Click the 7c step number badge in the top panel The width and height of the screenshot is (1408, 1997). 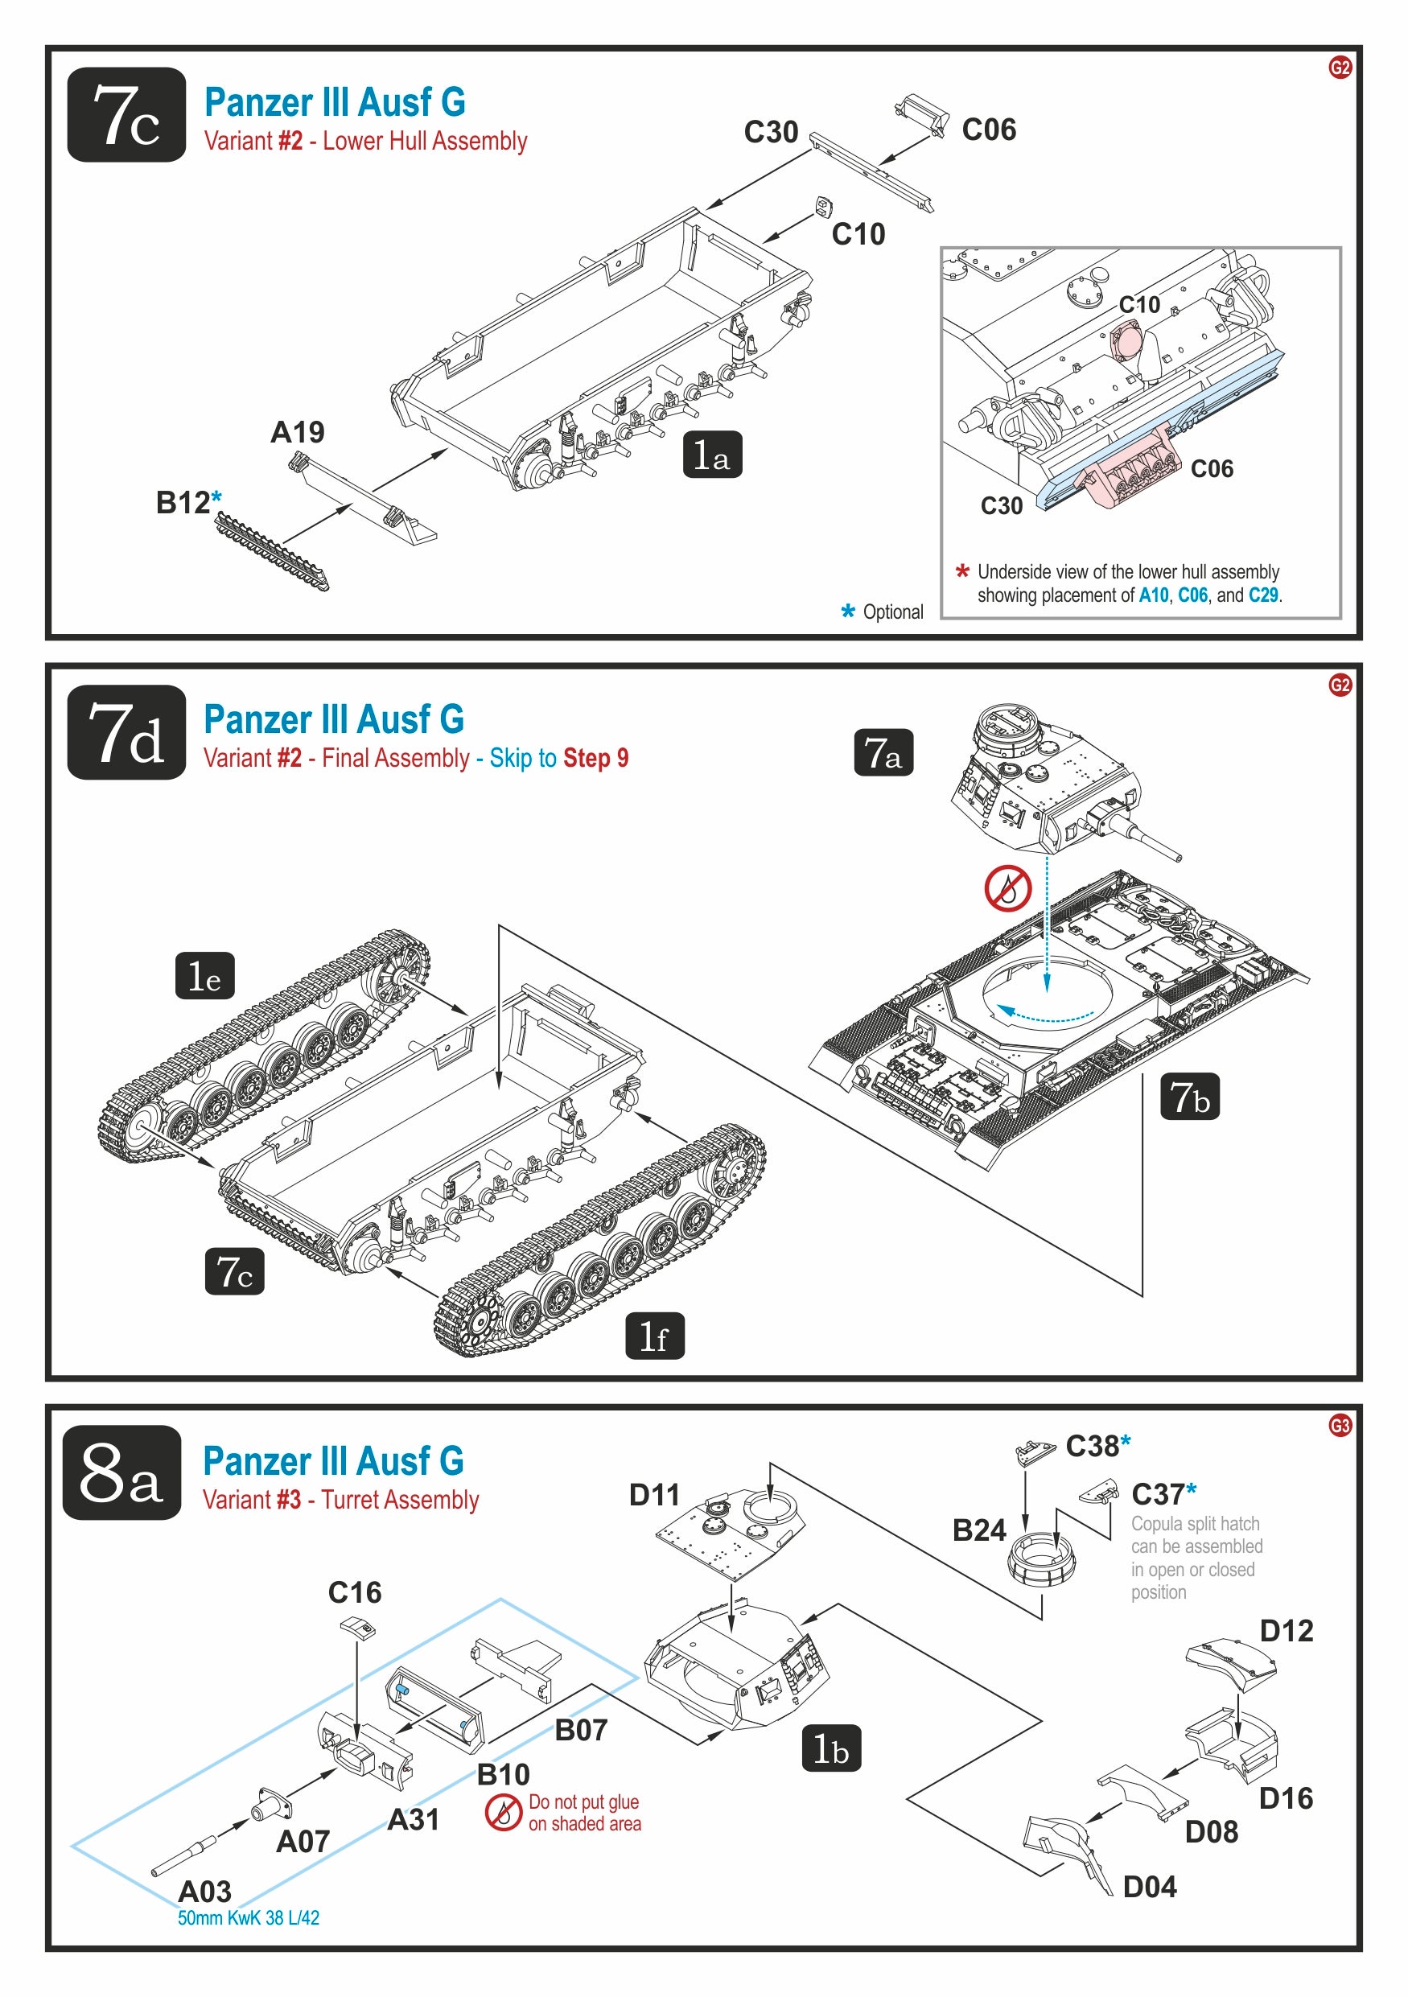[x=127, y=115]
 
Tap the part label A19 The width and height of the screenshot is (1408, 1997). [x=298, y=432]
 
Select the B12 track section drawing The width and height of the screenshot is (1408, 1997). [x=272, y=551]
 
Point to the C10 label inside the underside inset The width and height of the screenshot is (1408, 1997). [x=1139, y=304]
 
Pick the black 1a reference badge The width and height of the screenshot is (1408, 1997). [x=712, y=455]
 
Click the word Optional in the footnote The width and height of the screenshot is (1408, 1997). [x=893, y=611]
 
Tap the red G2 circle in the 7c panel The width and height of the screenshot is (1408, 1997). [x=1340, y=68]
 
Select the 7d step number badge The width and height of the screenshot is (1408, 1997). [x=127, y=732]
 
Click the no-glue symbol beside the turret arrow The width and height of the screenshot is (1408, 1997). [x=1008, y=888]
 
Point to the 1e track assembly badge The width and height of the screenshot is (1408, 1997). [x=205, y=976]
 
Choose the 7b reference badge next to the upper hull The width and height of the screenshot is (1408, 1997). [x=1190, y=1097]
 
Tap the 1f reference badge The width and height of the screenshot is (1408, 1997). [x=655, y=1336]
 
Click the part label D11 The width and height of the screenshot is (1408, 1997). [x=654, y=1495]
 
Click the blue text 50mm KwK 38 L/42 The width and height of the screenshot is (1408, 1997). [x=249, y=1918]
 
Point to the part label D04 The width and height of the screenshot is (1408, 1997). [x=1150, y=1887]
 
